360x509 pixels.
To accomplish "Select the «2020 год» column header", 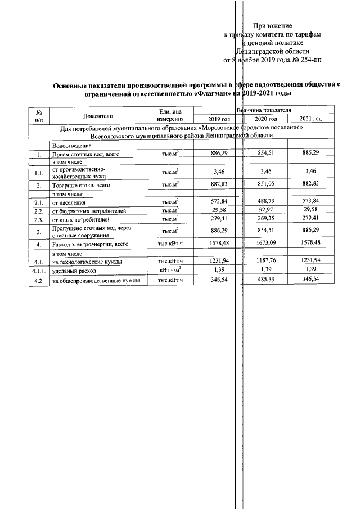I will click(x=265, y=119).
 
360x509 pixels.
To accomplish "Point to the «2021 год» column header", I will click(x=310, y=119).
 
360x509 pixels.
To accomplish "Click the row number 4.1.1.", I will click(x=38, y=270).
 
